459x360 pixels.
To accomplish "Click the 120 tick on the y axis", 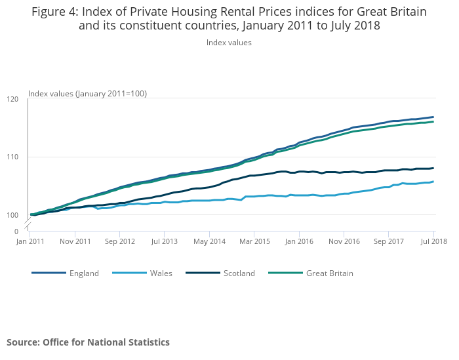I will point(12,99).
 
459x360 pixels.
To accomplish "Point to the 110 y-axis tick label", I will point(12,157).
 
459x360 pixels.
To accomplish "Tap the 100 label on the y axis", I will point(12,214).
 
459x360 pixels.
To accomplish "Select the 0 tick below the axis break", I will point(16,231).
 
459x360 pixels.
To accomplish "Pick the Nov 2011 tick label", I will point(75,241).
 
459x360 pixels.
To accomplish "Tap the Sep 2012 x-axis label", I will point(119,241).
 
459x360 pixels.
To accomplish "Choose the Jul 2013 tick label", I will point(165,241).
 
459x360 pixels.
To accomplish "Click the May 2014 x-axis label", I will point(209,241).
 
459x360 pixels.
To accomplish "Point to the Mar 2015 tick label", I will point(254,241).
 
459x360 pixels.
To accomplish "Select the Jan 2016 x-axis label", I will point(299,241).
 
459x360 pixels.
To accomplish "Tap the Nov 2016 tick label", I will point(344,241).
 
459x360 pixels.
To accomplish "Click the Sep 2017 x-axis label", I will point(388,241).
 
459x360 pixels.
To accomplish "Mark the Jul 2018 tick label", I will point(433,241).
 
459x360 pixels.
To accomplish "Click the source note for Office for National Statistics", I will point(88,342).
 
